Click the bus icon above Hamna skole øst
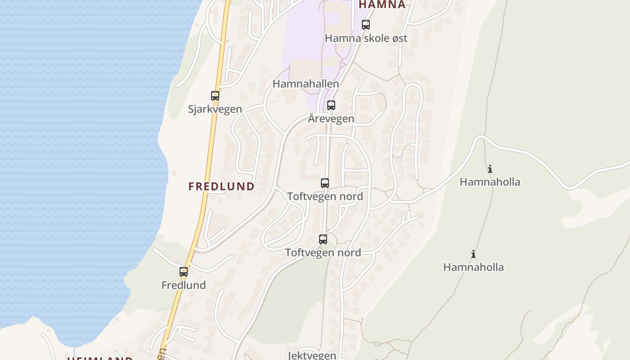(x=366, y=25)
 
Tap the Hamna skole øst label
(x=366, y=38)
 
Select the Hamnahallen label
(x=306, y=84)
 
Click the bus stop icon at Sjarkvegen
(x=215, y=95)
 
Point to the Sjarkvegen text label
(x=215, y=109)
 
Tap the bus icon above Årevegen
(x=331, y=105)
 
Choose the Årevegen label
(x=331, y=119)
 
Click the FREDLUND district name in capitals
(x=221, y=186)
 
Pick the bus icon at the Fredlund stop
(x=184, y=272)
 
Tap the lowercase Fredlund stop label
(x=184, y=285)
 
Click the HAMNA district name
(x=382, y=5)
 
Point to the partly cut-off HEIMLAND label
(x=100, y=358)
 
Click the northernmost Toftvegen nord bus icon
(x=325, y=183)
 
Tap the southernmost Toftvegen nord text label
(x=323, y=253)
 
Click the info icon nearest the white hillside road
(x=490, y=169)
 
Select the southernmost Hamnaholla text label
(x=473, y=267)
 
